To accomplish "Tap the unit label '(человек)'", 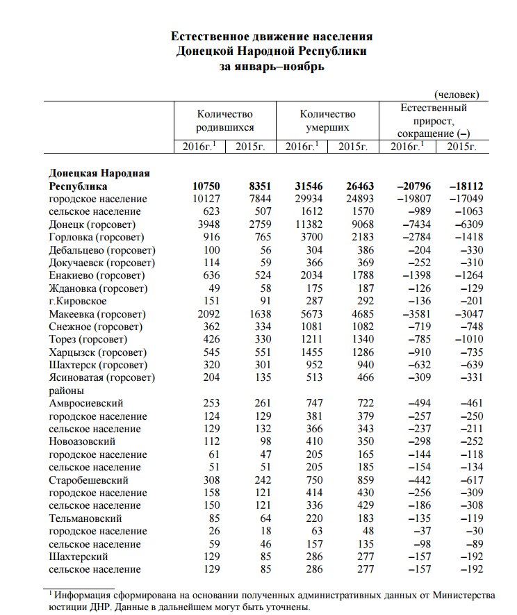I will coord(457,95).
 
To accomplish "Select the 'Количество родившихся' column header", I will coord(224,120).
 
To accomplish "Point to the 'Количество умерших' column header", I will coord(327,120).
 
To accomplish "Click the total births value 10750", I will coord(206,186).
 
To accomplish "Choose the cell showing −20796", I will coord(409,186).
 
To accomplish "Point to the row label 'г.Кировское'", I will coord(78,301).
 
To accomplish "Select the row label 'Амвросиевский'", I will coord(86,403).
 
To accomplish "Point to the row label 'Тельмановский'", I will coord(86,518).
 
